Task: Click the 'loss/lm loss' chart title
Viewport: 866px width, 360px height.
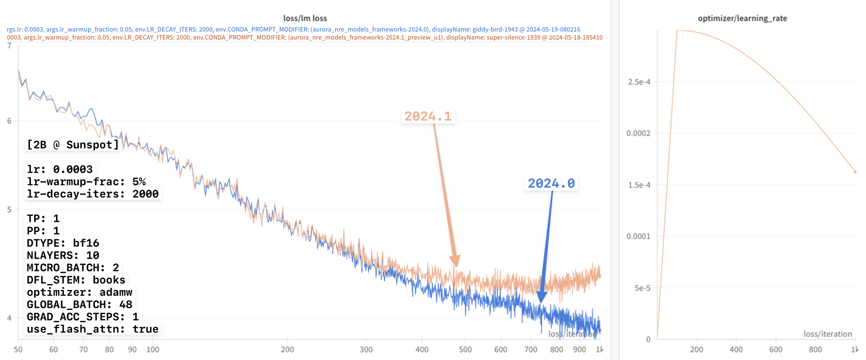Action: [305, 18]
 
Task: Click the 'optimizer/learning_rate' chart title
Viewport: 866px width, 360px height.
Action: [742, 18]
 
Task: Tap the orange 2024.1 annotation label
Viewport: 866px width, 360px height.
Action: [428, 116]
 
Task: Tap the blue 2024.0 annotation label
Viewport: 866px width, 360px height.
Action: [551, 184]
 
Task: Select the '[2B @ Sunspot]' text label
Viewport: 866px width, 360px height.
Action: [73, 145]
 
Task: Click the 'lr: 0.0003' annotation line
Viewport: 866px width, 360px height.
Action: [60, 169]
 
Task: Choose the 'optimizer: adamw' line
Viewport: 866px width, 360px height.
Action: [80, 292]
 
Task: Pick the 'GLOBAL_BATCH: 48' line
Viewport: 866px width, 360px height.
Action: [80, 304]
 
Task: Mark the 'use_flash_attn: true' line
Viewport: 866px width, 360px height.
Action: [92, 329]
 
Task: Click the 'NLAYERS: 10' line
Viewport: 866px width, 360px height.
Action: [63, 255]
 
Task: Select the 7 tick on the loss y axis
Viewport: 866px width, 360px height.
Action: [9, 46]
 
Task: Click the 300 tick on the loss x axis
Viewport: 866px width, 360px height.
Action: [366, 349]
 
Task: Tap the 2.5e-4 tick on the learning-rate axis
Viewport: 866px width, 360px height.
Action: [639, 82]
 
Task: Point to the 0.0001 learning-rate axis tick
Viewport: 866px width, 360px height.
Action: [638, 237]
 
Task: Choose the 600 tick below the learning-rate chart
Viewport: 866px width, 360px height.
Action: [776, 349]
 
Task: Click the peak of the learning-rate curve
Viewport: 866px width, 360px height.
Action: [678, 30]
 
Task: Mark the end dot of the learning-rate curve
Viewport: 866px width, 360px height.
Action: [855, 172]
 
